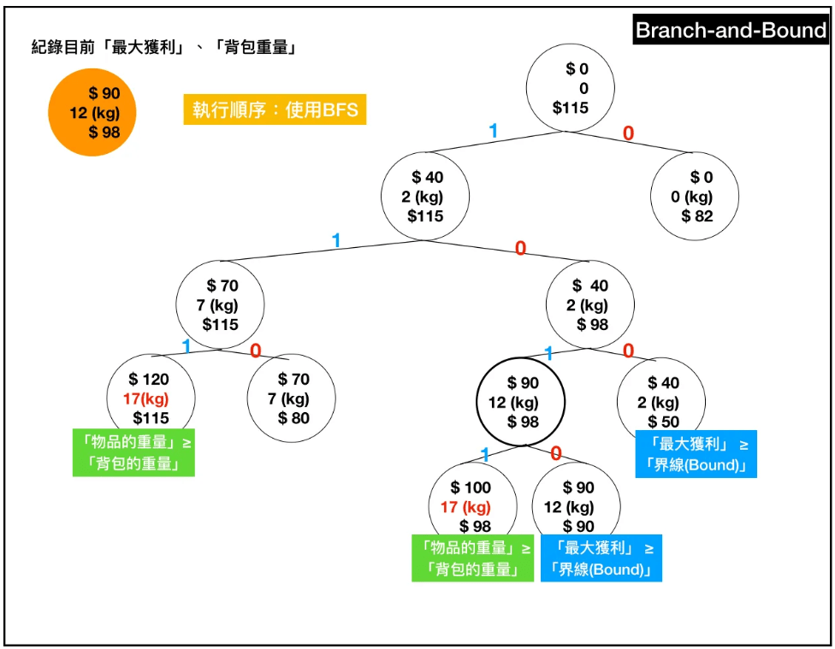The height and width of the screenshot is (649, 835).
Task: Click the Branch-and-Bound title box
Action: click(x=731, y=31)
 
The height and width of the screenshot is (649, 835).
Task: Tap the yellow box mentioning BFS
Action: click(x=275, y=109)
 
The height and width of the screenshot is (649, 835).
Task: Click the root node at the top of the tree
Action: click(x=570, y=88)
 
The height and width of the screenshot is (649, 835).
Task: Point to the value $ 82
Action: click(x=697, y=216)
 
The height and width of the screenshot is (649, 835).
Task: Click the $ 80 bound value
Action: click(x=293, y=418)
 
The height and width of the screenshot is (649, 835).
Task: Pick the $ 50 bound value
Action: click(x=664, y=422)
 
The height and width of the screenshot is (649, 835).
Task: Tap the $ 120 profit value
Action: click(x=149, y=380)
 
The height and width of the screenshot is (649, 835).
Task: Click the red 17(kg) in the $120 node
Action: click(x=145, y=398)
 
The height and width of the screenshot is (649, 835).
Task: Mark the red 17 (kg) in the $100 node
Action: click(x=465, y=507)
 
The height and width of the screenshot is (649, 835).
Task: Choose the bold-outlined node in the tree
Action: click(x=521, y=402)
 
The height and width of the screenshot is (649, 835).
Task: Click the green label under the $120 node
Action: click(x=133, y=452)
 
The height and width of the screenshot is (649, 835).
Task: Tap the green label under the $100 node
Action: click(x=472, y=558)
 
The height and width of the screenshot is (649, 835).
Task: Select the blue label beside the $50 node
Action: click(x=696, y=454)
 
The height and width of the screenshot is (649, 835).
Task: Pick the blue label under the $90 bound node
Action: click(x=601, y=558)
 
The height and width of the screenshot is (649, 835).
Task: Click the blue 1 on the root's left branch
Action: click(x=493, y=130)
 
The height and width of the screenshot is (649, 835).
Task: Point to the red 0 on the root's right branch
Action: click(x=628, y=133)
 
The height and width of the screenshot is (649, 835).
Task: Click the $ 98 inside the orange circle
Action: click(x=104, y=132)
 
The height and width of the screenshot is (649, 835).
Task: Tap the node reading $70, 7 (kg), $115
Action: click(x=220, y=305)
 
